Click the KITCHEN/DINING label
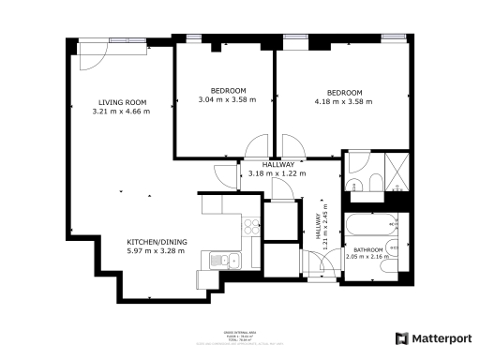tap(157, 242)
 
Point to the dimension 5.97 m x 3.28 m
tap(157, 251)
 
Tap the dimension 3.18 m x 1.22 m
tap(277, 173)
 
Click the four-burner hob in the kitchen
tap(251, 225)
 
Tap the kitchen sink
tap(223, 260)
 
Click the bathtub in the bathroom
tap(370, 226)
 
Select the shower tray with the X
tap(395, 170)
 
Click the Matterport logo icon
tap(401, 337)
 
